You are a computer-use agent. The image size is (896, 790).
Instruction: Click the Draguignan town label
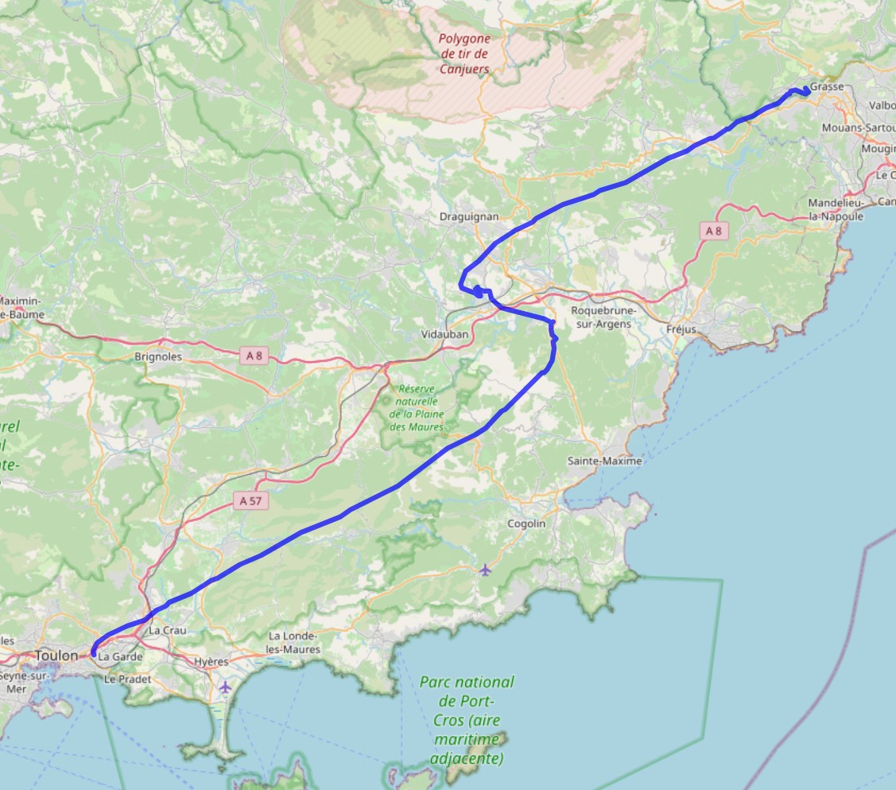pyautogui.click(x=468, y=216)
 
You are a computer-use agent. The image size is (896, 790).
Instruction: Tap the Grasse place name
pyautogui.click(x=827, y=88)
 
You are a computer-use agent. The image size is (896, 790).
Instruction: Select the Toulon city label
pyautogui.click(x=57, y=656)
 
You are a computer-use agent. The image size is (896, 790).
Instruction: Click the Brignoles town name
pyautogui.click(x=158, y=357)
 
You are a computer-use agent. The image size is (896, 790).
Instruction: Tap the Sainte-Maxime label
pyautogui.click(x=604, y=461)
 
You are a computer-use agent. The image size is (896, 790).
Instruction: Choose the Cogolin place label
pyautogui.click(x=526, y=523)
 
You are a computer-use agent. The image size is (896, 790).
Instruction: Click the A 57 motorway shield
pyautogui.click(x=252, y=501)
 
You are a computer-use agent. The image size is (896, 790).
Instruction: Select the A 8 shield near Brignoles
pyautogui.click(x=254, y=356)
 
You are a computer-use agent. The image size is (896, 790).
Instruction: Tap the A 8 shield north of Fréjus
pyautogui.click(x=713, y=231)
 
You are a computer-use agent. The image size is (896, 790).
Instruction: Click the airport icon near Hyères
pyautogui.click(x=226, y=686)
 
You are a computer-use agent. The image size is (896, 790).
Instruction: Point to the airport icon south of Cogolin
pyautogui.click(x=485, y=569)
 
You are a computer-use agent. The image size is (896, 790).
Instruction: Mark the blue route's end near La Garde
pyautogui.click(x=94, y=654)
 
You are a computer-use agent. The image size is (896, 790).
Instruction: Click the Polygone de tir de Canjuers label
pyautogui.click(x=464, y=53)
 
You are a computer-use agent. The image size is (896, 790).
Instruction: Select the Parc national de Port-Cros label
pyautogui.click(x=467, y=720)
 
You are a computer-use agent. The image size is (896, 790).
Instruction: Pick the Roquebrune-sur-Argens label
pyautogui.click(x=601, y=317)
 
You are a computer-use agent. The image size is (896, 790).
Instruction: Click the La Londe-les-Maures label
pyautogui.click(x=294, y=643)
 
